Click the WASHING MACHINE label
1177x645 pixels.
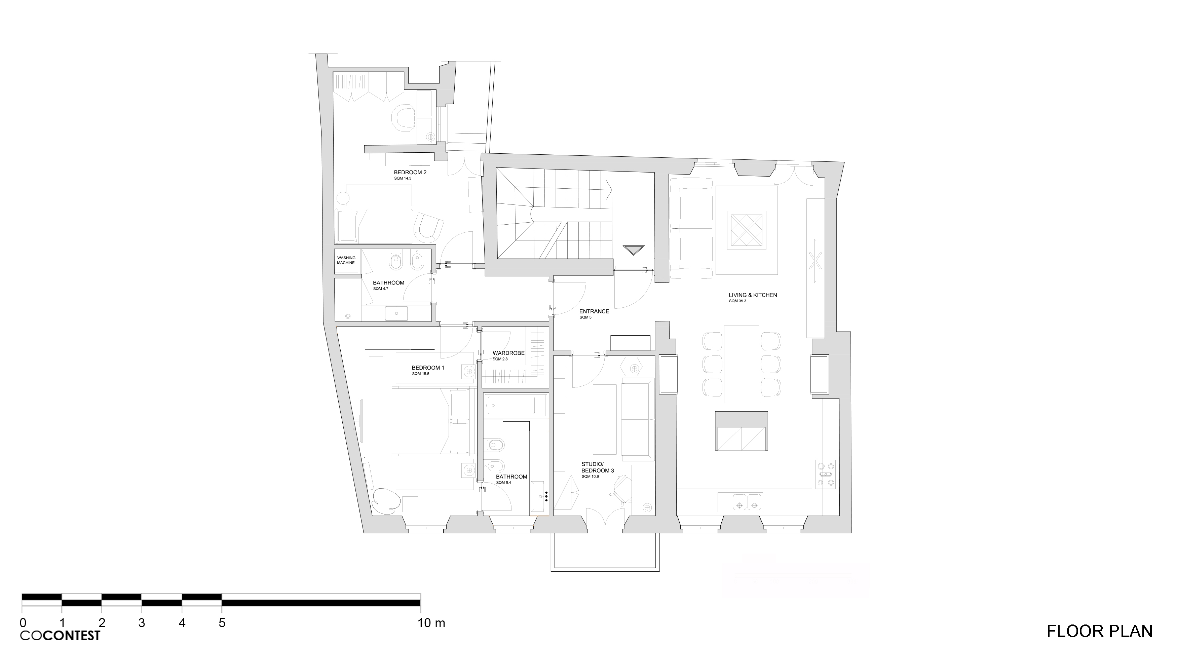[x=346, y=260]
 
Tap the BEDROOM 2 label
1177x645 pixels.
[x=410, y=173]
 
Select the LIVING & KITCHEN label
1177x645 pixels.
[x=753, y=295]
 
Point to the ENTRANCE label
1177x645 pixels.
[x=594, y=311]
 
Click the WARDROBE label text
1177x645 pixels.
[x=508, y=353]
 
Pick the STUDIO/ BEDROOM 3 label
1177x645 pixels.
[x=598, y=468]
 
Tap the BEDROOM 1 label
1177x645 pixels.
[x=428, y=368]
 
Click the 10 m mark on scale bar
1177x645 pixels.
[x=431, y=623]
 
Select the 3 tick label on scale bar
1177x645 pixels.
[x=142, y=623]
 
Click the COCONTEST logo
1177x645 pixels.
[x=60, y=635]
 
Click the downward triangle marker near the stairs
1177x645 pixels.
[x=633, y=250]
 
